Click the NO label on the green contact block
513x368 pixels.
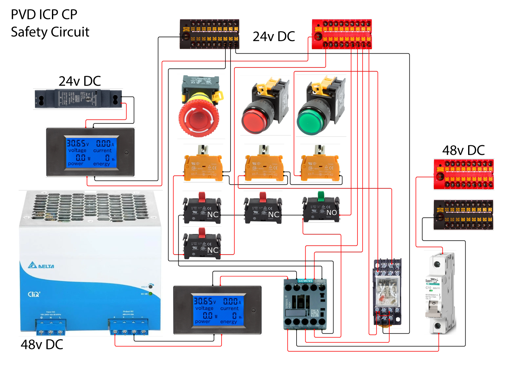click(x=332, y=213)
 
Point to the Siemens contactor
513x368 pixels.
click(x=305, y=303)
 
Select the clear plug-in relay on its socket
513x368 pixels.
click(x=387, y=292)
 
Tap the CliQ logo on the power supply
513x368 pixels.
click(x=34, y=294)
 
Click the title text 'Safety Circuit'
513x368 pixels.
click(x=50, y=32)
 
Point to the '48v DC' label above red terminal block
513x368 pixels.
click(x=463, y=150)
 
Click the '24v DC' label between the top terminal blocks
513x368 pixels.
click(x=273, y=37)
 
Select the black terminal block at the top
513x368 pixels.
click(x=209, y=34)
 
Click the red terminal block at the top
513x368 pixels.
click(x=342, y=34)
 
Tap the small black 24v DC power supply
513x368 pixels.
click(x=78, y=99)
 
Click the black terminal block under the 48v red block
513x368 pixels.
click(x=463, y=215)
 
